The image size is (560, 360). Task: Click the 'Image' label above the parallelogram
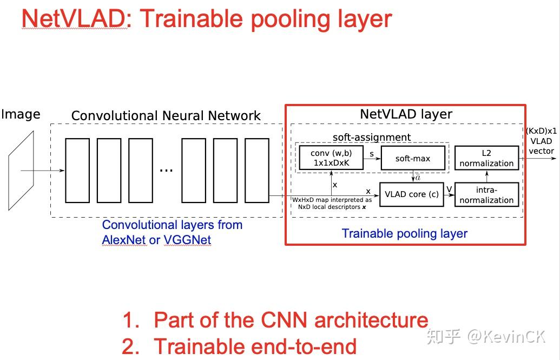click(21, 114)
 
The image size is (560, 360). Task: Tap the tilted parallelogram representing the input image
click(21, 171)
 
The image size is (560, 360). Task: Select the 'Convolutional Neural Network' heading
click(166, 116)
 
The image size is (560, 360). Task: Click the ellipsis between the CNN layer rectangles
click(166, 170)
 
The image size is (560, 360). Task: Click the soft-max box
click(413, 159)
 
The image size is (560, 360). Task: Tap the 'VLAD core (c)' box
click(411, 194)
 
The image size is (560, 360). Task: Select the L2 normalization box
click(486, 158)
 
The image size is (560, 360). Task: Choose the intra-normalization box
click(486, 195)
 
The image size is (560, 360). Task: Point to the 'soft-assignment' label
click(372, 138)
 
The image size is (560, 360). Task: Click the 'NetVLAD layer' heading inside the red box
click(406, 114)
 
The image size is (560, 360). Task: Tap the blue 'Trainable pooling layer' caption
click(405, 234)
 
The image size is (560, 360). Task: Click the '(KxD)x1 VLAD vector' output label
click(541, 141)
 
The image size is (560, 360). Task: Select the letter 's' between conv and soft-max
click(371, 154)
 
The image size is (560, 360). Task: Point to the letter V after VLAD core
click(449, 189)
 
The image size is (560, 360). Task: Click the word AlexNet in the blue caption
click(124, 240)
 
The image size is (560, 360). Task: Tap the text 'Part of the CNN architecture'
click(291, 320)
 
